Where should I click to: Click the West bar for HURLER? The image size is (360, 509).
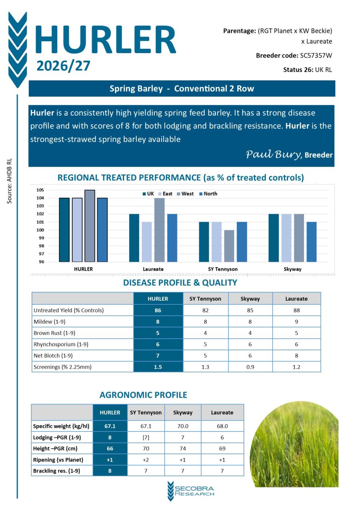90,226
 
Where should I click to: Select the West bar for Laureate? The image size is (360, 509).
159,230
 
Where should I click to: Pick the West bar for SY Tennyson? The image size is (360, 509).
229,246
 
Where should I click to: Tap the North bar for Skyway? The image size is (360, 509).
312,242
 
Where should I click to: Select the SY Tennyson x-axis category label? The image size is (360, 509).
223,269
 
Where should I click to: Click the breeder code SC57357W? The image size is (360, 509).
316,56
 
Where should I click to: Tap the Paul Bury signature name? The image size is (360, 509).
274,154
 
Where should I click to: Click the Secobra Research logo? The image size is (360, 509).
191,491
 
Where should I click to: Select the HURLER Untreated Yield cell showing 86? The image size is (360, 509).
158,310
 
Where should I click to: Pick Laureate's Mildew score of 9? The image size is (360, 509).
296,321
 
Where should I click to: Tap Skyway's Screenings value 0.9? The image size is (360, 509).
250,367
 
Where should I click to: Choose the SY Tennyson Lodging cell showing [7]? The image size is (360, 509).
146,437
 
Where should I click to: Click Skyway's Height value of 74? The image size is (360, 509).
182,449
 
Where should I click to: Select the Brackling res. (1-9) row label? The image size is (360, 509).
56,471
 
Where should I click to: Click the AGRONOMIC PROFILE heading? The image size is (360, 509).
143,395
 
